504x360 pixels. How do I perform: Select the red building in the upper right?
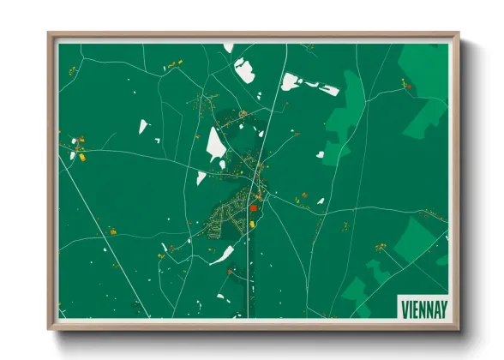point(409,86)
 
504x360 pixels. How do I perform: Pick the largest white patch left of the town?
point(215,144)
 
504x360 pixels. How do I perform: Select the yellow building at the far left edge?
point(81,157)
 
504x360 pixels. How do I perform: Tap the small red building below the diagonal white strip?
point(230,272)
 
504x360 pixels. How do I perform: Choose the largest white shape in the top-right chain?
point(291,82)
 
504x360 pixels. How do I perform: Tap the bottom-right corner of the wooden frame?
point(459,327)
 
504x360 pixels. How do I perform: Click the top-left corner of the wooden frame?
point(49,34)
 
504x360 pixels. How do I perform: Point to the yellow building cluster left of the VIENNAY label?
point(380,249)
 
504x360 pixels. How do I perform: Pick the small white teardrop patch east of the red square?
point(321,201)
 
